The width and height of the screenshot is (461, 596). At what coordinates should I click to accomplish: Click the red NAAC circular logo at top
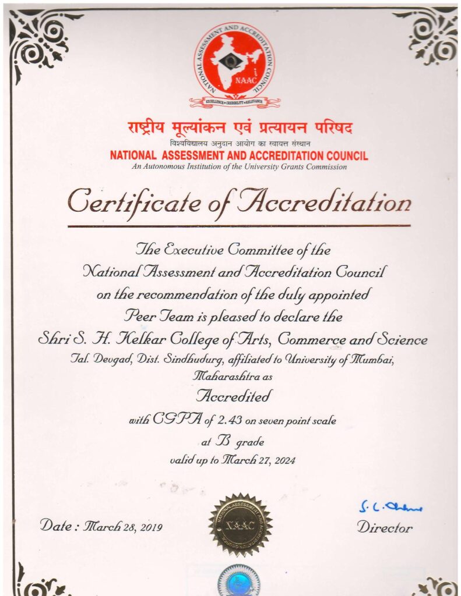(234, 63)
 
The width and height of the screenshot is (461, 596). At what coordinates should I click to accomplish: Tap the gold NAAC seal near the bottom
(240, 524)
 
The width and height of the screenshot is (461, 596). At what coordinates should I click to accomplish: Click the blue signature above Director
(390, 507)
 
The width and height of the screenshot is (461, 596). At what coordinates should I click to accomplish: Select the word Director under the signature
(385, 528)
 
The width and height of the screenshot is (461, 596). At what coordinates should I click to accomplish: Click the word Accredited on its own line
(234, 397)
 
